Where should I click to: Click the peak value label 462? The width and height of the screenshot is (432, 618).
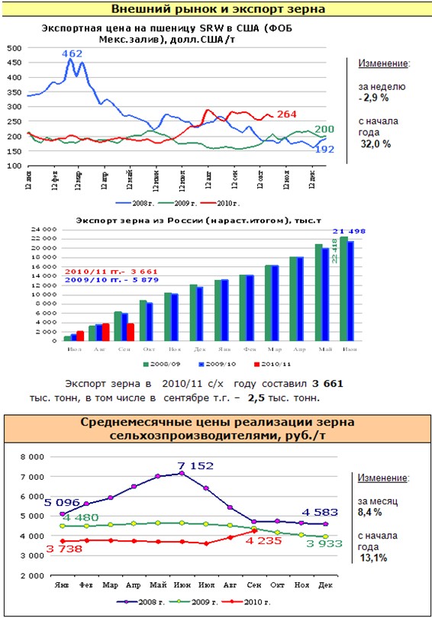point(72,54)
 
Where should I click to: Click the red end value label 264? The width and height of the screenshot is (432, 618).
point(286,114)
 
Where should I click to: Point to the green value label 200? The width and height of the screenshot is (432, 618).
point(324,129)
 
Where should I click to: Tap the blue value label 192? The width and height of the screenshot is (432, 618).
point(324,150)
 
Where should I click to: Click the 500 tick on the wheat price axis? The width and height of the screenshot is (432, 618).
point(14,47)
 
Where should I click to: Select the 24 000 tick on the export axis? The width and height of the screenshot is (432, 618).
point(46,229)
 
